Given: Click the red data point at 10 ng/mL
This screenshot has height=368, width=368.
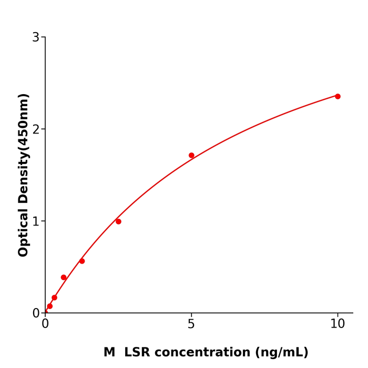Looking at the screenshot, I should click(x=338, y=96).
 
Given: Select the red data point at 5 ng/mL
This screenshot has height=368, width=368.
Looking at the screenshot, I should click(x=191, y=155).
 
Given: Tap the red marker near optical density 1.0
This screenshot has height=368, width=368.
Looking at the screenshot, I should click(x=118, y=221).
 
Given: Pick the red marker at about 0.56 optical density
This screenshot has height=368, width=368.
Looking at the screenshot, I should click(x=82, y=261).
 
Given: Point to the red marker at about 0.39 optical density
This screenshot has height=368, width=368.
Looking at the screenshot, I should click(x=64, y=277).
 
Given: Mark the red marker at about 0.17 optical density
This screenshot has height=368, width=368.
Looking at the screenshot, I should click(x=54, y=298).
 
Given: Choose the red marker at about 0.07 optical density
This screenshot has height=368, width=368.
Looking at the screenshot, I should click(x=50, y=306).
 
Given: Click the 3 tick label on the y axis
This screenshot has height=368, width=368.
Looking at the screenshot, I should click(x=36, y=37).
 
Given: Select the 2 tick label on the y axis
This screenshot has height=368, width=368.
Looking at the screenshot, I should click(x=36, y=129).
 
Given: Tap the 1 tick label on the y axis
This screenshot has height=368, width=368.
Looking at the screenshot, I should click(x=36, y=221).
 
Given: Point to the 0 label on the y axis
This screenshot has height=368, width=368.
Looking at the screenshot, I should click(x=36, y=313).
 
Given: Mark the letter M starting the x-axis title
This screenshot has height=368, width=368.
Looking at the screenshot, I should click(x=109, y=352).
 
